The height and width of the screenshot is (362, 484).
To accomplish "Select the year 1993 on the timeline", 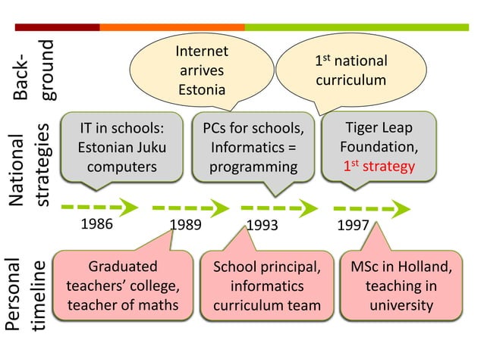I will click(262, 224).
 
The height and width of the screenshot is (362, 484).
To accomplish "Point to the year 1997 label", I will click(352, 224).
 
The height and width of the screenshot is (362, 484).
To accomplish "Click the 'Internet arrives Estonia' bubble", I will click(202, 70).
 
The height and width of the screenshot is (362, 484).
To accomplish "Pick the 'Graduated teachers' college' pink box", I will click(123, 286).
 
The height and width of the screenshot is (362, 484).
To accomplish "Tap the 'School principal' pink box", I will click(262, 286).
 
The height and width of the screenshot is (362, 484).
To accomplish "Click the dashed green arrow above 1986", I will click(99, 206).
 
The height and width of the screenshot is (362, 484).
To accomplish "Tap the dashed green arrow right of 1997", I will click(372, 207).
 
